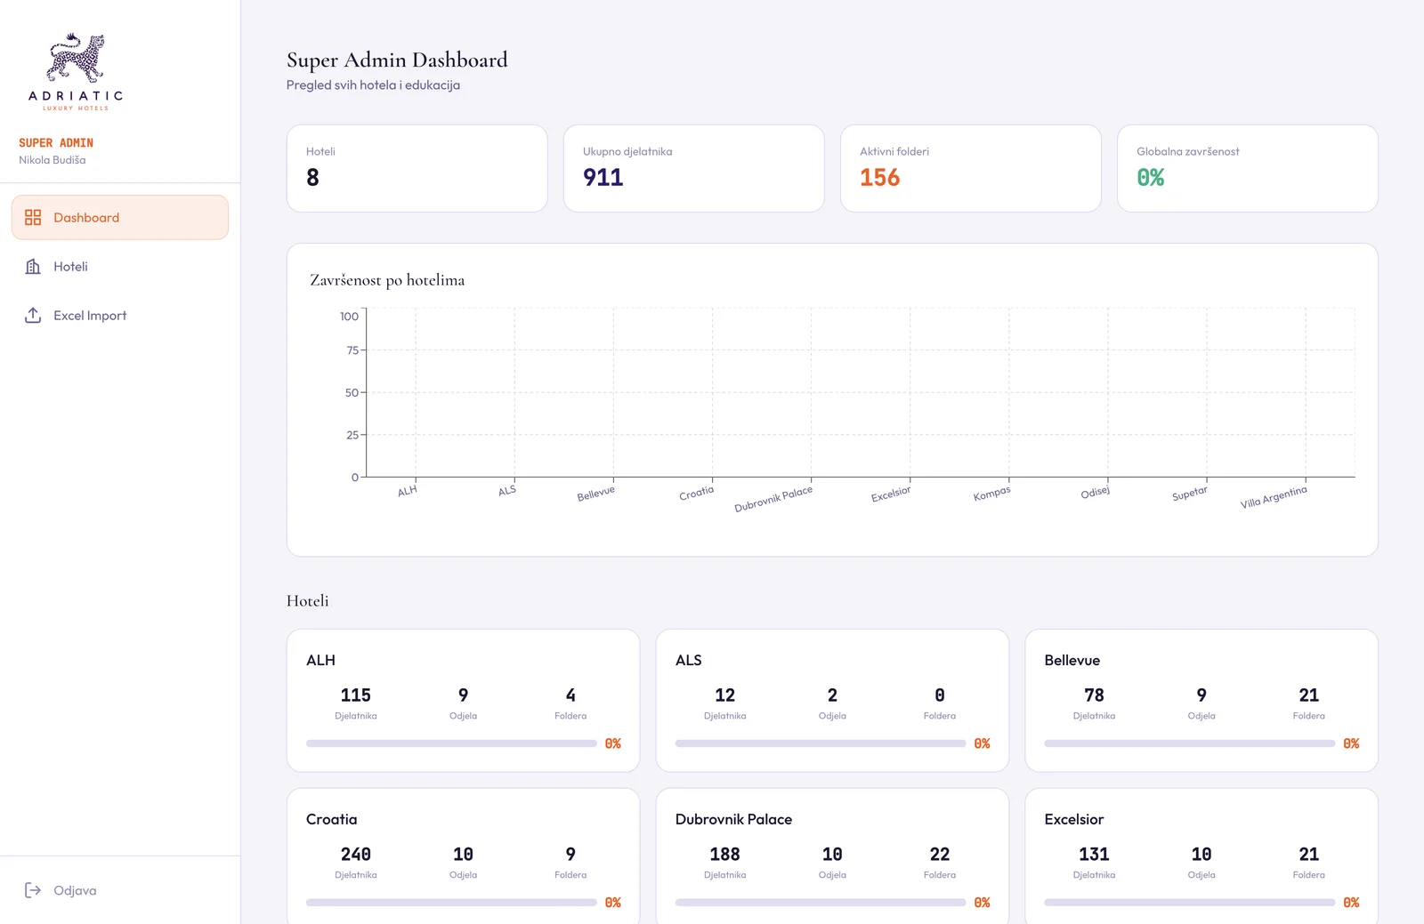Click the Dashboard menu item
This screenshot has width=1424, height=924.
[119, 217]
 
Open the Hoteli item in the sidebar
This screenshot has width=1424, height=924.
[70, 266]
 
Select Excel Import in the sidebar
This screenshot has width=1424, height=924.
[90, 315]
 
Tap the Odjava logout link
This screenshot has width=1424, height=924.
[75, 889]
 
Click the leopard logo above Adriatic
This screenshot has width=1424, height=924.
[76, 57]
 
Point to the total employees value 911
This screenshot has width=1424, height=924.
[603, 177]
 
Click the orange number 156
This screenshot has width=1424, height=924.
[880, 177]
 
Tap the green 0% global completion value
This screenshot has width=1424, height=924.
[1151, 177]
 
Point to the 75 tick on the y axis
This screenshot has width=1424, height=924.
[352, 350]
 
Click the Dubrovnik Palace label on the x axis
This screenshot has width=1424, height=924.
[773, 499]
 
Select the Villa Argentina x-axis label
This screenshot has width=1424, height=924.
[1274, 497]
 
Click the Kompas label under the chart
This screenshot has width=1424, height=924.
[991, 494]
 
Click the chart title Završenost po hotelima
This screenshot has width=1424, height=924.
[387, 280]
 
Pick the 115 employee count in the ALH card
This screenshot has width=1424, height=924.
[355, 695]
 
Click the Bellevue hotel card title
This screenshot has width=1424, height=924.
[1072, 660]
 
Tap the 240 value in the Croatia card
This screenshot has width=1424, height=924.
[355, 854]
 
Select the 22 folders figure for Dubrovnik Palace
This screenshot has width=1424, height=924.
[940, 854]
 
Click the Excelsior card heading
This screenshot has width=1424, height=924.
[1073, 819]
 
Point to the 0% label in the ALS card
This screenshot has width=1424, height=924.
[983, 743]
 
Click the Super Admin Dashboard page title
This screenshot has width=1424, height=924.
[397, 60]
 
